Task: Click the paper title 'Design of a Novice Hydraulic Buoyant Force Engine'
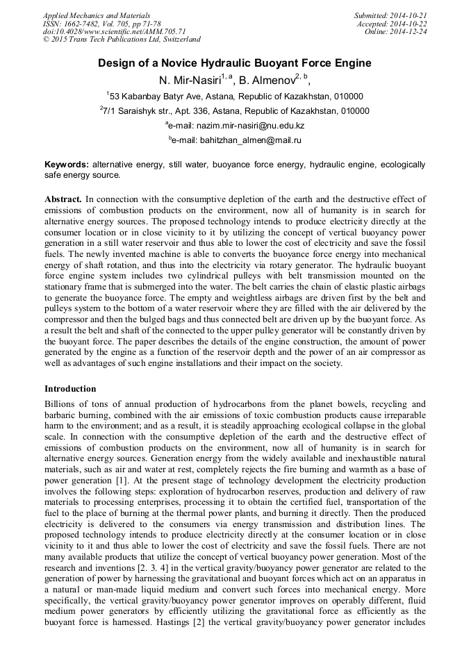pos(235,63)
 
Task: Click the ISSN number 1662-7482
pos(83,23)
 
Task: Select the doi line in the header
pos(114,31)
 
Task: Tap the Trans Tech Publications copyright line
pos(122,40)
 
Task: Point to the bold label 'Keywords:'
pos(67,165)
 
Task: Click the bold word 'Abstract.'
pos(63,199)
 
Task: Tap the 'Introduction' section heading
pos(70,388)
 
